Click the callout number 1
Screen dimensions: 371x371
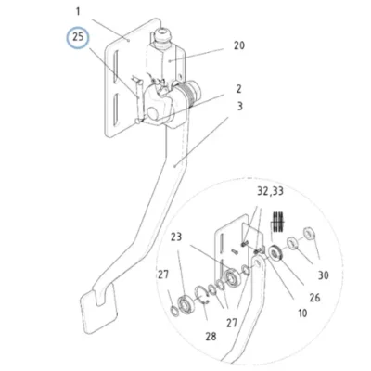[x=78, y=12]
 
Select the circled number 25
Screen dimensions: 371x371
[x=78, y=37]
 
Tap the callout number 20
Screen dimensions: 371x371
[x=239, y=45]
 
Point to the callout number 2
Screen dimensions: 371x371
[x=238, y=89]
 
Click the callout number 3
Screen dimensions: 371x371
[x=240, y=107]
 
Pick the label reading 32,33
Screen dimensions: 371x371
[x=270, y=191]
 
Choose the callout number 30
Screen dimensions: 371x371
[x=324, y=275]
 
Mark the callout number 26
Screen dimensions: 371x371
[x=314, y=298]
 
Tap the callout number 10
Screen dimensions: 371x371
[x=302, y=313]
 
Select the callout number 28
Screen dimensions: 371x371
[x=211, y=336]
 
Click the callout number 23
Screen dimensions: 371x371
[x=176, y=237]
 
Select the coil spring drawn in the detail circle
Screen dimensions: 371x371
[x=278, y=222]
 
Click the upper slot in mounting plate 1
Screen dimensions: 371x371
[x=115, y=66]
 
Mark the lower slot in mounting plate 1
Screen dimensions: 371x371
[x=115, y=110]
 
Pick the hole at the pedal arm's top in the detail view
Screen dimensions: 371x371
[x=258, y=263]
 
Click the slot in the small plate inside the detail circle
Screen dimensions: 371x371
[x=222, y=245]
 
